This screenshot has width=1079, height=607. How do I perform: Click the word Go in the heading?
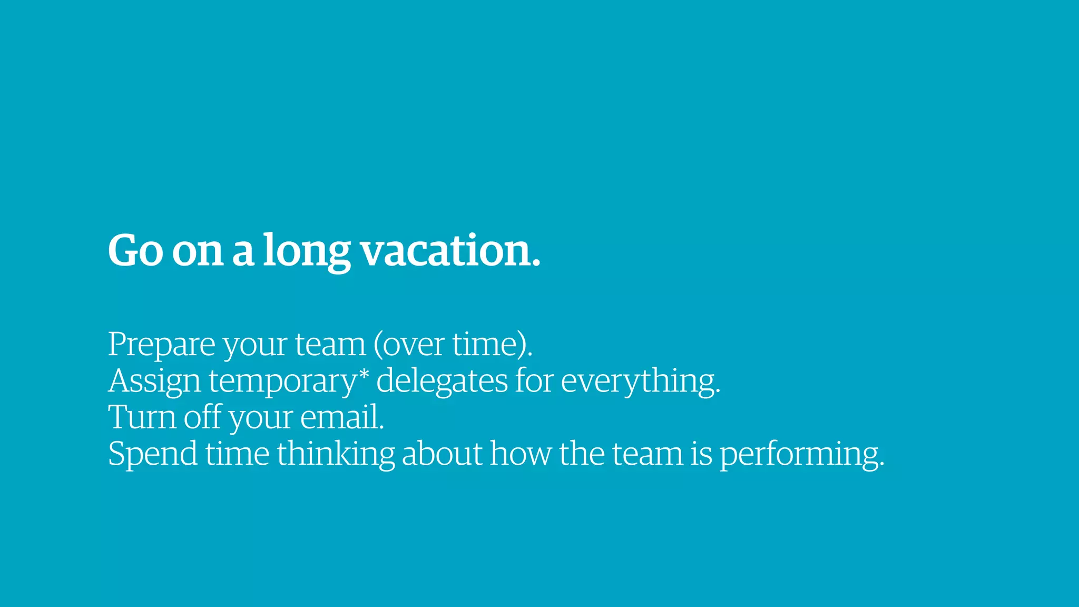[135, 250]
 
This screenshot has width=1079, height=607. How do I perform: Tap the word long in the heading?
[307, 250]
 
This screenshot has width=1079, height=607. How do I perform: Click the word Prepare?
[162, 345]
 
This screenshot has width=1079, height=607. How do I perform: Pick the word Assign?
[154, 381]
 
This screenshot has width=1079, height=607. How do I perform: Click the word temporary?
[283, 381]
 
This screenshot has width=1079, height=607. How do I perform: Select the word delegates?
[442, 381]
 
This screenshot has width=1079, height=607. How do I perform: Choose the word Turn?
[142, 417]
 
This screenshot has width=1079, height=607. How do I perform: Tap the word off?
[202, 417]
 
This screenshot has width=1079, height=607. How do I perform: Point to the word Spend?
[153, 453]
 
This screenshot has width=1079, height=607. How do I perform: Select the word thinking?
[336, 453]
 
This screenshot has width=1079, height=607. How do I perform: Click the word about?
[442, 453]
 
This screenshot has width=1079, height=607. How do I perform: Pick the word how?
[521, 453]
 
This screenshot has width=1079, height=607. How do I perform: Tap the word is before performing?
[701, 453]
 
